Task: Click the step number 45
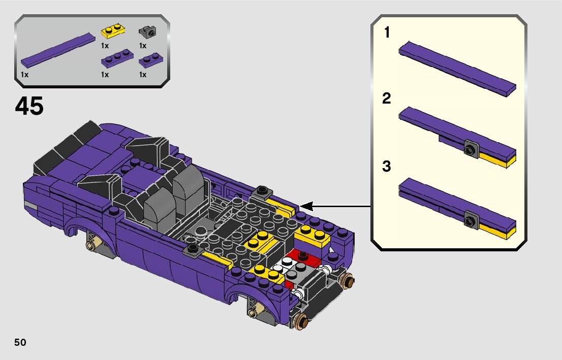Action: pyautogui.click(x=29, y=106)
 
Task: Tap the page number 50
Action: pyautogui.click(x=20, y=342)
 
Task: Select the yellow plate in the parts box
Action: pyautogui.click(x=113, y=31)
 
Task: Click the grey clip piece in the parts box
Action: pyautogui.click(x=148, y=32)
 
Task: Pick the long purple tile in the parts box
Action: pyautogui.click(x=58, y=50)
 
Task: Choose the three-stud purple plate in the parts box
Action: pyautogui.click(x=117, y=58)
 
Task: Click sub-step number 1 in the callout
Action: pyautogui.click(x=387, y=32)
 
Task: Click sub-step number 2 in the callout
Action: pyautogui.click(x=386, y=99)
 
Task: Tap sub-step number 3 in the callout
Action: pyautogui.click(x=386, y=167)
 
